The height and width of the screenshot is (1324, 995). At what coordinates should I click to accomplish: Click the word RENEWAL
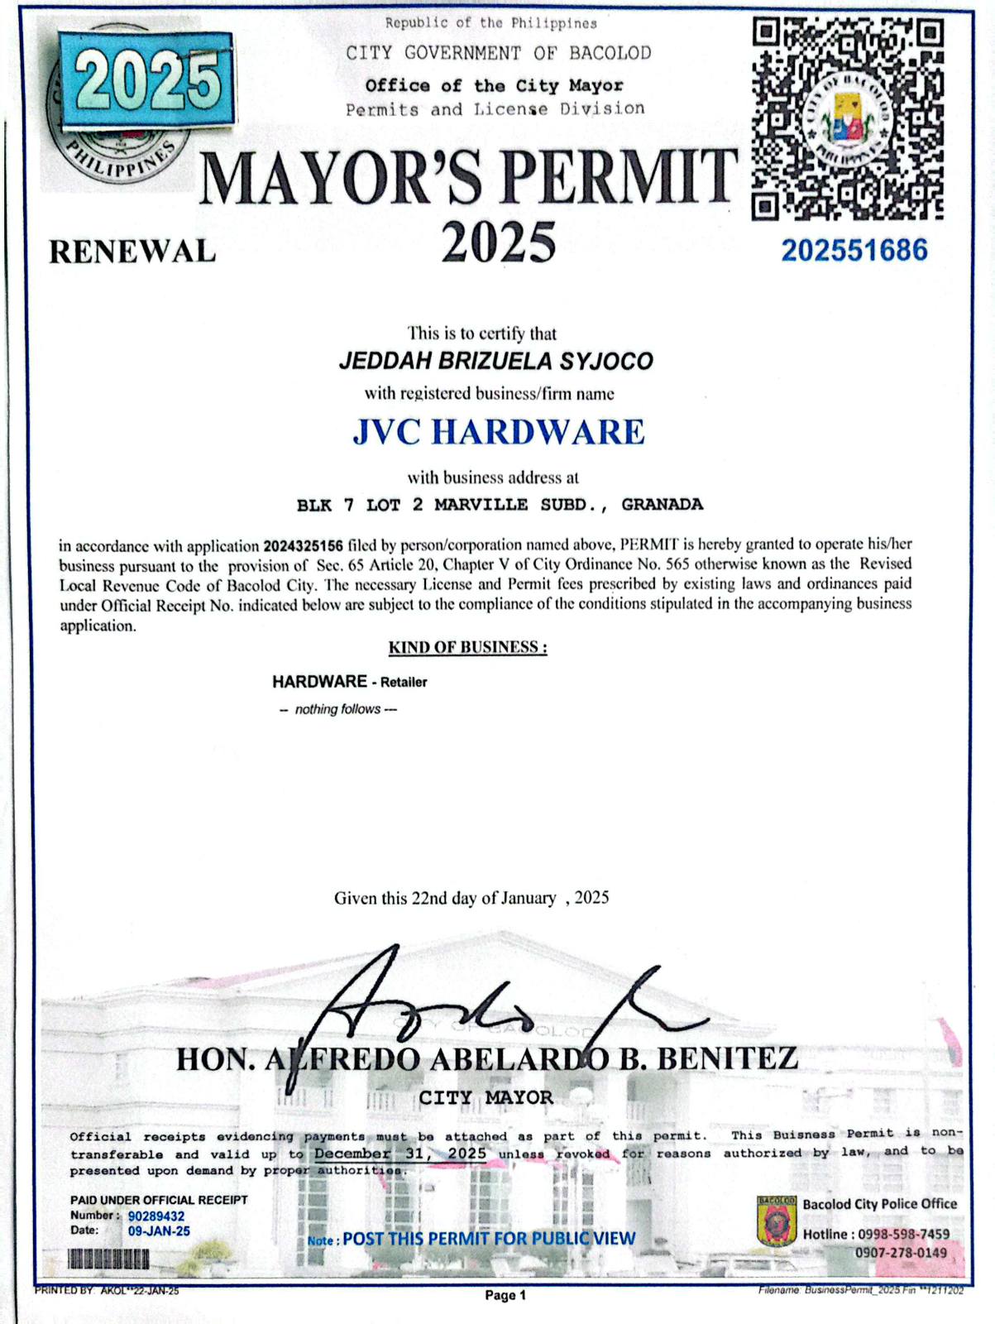click(132, 251)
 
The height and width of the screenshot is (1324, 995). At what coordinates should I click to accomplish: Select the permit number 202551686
click(854, 250)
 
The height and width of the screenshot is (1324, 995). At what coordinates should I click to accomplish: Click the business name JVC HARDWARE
click(499, 432)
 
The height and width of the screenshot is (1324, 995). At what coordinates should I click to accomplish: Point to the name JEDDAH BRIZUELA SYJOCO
click(496, 361)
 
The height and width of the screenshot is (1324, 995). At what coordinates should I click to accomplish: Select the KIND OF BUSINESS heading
click(467, 647)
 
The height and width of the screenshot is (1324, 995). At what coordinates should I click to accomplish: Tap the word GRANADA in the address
click(663, 504)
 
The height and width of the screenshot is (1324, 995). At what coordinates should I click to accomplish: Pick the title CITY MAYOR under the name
click(486, 1097)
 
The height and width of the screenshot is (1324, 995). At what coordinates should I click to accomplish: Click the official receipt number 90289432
click(156, 1216)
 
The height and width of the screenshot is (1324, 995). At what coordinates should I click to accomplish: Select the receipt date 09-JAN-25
click(159, 1231)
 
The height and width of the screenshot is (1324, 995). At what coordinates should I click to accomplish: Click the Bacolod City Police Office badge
click(777, 1221)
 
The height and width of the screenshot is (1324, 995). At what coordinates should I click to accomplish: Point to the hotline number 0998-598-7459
click(903, 1234)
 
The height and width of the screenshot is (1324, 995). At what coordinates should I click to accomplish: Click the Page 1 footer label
click(505, 1295)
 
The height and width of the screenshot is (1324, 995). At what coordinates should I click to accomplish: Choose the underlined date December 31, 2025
click(400, 1154)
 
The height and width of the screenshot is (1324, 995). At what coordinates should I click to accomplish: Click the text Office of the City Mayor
click(494, 86)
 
